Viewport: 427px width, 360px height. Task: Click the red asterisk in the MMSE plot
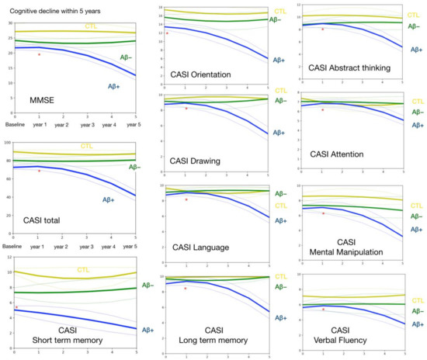click(39, 55)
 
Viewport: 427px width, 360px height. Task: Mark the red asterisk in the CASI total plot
click(39, 171)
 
